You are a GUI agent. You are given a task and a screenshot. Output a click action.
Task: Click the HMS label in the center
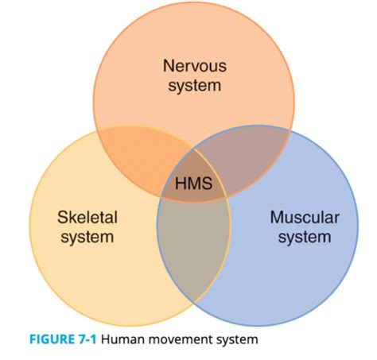coord(193,185)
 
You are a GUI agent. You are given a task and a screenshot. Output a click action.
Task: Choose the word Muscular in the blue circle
coord(305,217)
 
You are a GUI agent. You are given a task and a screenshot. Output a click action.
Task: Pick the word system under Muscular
coord(305,236)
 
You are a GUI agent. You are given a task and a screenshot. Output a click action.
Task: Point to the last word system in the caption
coord(242,340)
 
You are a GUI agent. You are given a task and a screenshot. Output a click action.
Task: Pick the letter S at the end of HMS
coord(207,185)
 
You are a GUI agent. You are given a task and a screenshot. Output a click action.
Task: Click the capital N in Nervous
coord(168,66)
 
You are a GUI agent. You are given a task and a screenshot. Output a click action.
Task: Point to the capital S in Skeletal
coord(62,217)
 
